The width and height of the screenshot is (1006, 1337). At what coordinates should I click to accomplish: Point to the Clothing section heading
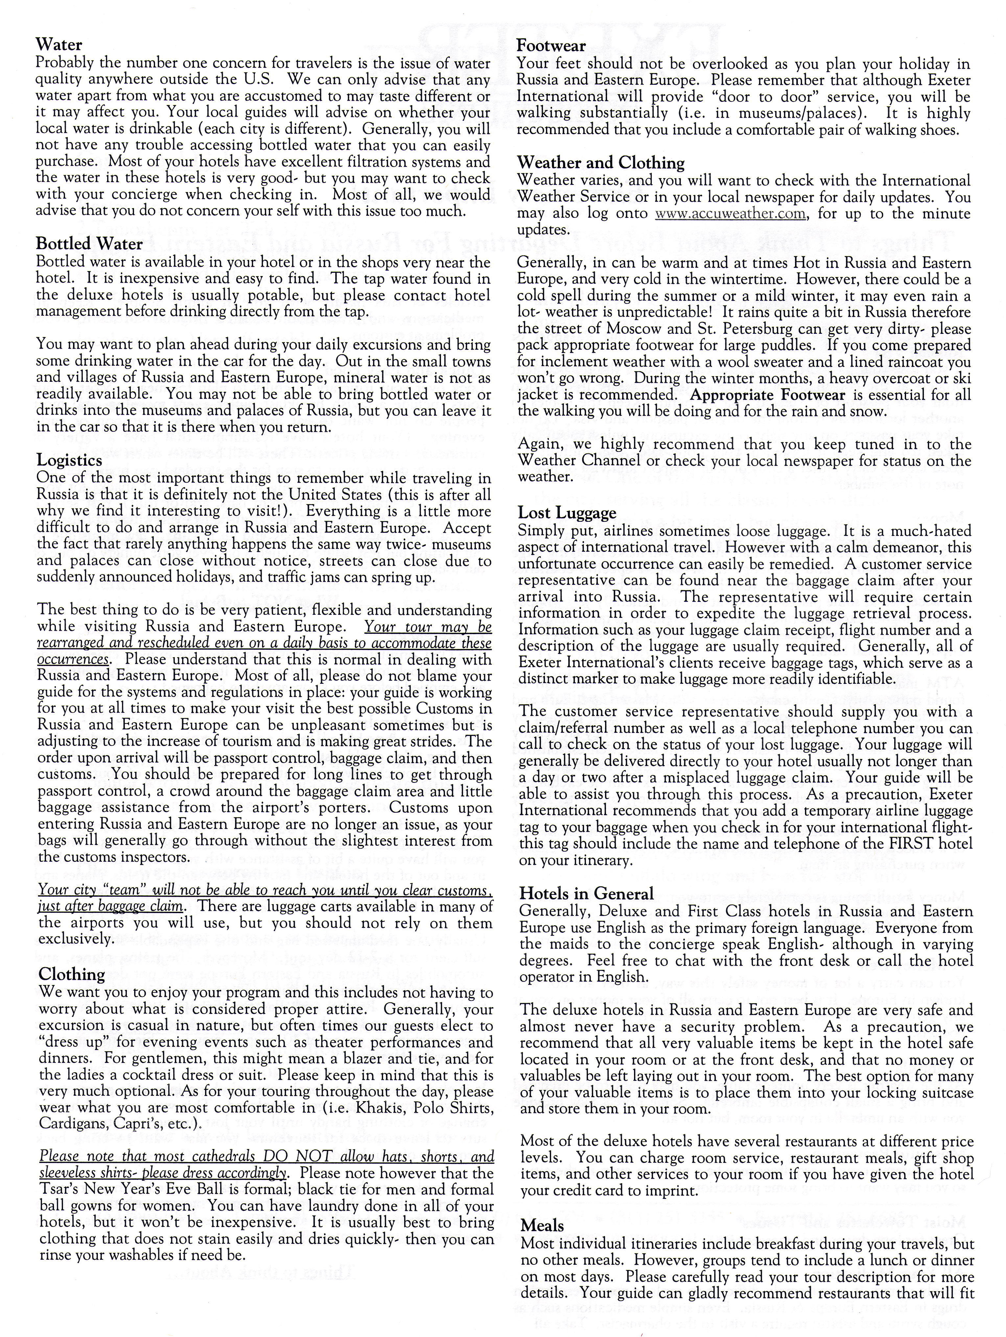(x=71, y=974)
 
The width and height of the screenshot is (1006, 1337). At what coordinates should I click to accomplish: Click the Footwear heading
(x=551, y=46)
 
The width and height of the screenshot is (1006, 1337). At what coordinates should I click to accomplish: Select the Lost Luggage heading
(x=567, y=513)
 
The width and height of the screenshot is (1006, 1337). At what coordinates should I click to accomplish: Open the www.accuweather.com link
(x=730, y=214)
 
